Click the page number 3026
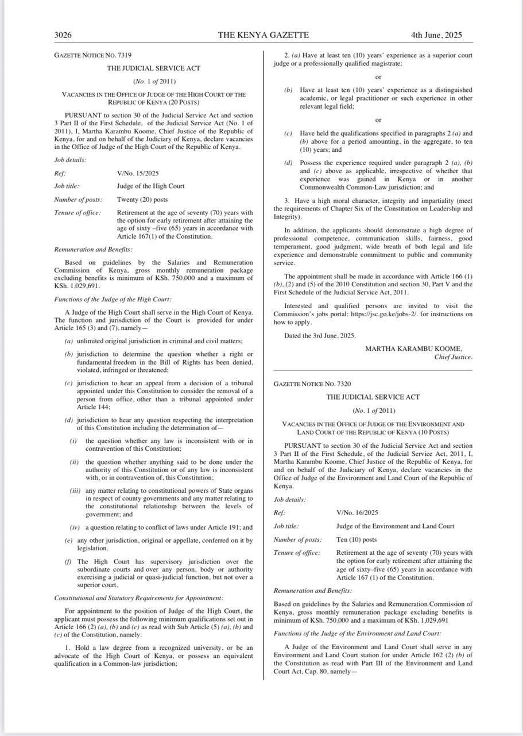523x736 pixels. (63, 35)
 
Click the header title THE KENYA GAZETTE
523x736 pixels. (264, 35)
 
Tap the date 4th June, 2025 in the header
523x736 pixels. (436, 35)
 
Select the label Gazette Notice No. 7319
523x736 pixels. (92, 55)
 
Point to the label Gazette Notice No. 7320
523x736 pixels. (312, 384)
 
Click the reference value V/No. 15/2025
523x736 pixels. (138, 173)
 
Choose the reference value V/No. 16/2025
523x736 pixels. (357, 512)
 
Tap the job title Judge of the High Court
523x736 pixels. (150, 186)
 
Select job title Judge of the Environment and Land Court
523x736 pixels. (395, 526)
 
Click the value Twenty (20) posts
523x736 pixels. (142, 200)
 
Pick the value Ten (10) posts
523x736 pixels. (357, 540)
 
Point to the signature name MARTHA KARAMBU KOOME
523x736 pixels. (413, 348)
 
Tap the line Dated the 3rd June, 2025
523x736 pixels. (320, 336)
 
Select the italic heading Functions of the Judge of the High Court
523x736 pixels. (113, 299)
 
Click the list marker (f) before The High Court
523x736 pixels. (69, 561)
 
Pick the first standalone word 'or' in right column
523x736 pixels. (378, 77)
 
